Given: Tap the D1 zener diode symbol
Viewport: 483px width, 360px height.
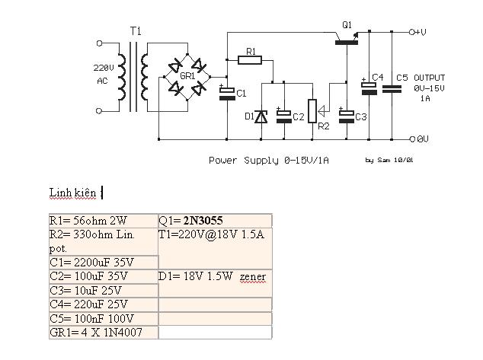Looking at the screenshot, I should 261,116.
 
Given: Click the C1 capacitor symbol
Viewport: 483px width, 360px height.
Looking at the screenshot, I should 227,92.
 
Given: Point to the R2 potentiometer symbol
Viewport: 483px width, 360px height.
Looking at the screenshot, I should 311,110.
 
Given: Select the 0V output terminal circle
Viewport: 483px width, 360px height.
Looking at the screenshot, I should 411,139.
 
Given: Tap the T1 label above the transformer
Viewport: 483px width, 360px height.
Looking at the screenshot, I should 136,32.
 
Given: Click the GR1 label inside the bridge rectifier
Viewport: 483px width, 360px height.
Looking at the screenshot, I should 187,77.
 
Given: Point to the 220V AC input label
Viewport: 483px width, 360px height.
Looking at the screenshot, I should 103,73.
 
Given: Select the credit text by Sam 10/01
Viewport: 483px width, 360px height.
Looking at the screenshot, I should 389,161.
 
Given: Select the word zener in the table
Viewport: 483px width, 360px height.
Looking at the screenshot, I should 253,276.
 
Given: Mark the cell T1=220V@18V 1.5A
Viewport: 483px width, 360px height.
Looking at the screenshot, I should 211,234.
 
